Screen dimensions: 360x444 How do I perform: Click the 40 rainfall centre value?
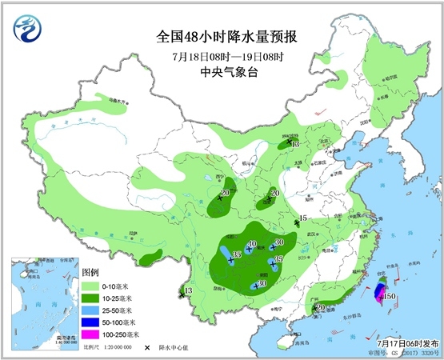[x=252, y=245]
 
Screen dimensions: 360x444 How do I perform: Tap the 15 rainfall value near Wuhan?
[x=302, y=218]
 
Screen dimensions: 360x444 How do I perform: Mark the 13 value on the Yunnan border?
[x=189, y=290]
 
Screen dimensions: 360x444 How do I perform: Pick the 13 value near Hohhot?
[x=295, y=145]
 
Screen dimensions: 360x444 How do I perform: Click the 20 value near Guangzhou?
[x=320, y=307]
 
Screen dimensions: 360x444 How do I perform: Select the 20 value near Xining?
[x=225, y=193]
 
